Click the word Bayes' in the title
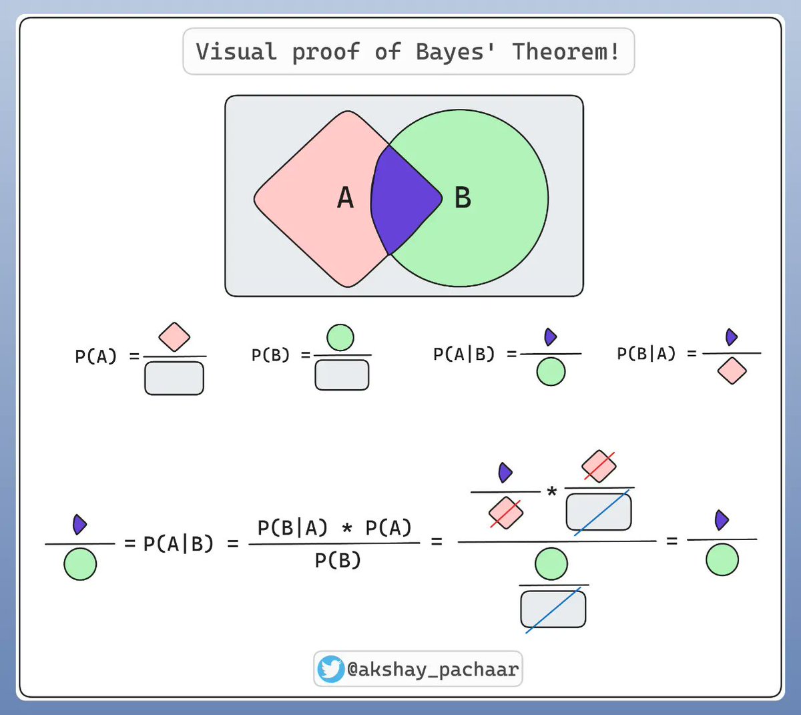[x=455, y=51]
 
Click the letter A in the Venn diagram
[x=345, y=198]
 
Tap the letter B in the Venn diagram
[x=463, y=198]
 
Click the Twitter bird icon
[x=330, y=669]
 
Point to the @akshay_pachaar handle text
[x=433, y=669]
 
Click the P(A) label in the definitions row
[x=95, y=356]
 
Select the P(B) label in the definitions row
[x=270, y=355]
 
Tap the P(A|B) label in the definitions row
[x=464, y=354]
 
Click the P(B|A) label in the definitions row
[x=646, y=354]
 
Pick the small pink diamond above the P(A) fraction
[x=174, y=337]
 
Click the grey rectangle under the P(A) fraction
[x=174, y=379]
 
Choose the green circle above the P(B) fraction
[x=341, y=338]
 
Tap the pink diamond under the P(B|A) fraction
[x=732, y=371]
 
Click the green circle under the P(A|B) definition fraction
[x=551, y=372]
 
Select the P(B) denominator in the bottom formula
[x=338, y=560]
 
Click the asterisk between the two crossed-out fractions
[x=552, y=493]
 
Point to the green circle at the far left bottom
[x=80, y=564]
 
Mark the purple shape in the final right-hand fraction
[x=721, y=519]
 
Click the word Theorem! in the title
[x=565, y=51]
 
